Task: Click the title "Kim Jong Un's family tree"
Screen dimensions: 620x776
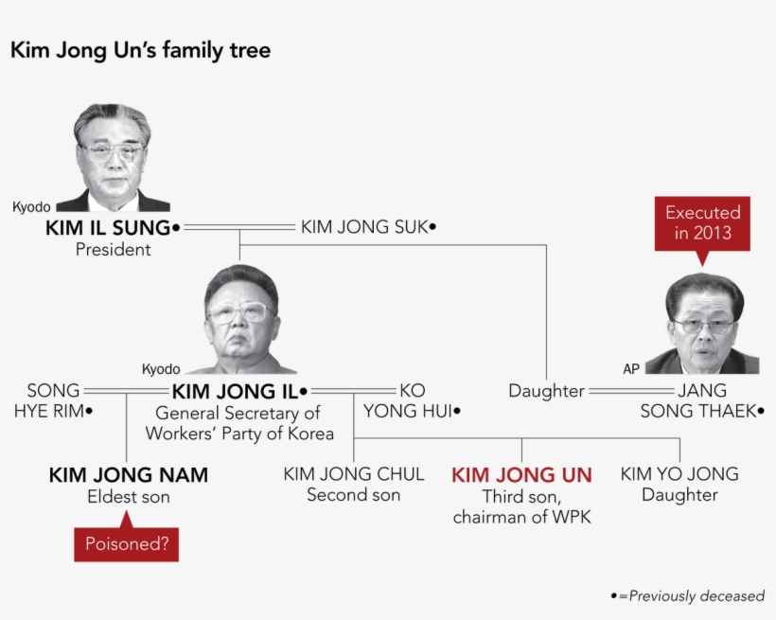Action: point(140,50)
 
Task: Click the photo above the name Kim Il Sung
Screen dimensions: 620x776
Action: point(113,157)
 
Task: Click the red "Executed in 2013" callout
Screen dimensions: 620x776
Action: point(702,223)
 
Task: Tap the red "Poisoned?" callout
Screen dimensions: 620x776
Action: point(126,544)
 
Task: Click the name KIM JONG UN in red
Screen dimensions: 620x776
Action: point(521,475)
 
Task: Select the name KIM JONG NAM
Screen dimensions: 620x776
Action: point(129,475)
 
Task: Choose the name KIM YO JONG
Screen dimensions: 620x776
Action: point(679,474)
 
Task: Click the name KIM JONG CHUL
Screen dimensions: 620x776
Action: point(354,474)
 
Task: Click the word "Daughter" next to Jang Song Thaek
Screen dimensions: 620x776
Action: point(546,391)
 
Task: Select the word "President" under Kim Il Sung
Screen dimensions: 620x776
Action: point(113,250)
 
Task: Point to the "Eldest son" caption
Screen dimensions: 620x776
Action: point(129,497)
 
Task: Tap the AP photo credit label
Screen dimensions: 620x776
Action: point(631,368)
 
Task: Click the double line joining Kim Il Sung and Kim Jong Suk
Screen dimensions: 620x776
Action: point(239,227)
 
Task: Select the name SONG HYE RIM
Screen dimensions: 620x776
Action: point(54,400)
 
